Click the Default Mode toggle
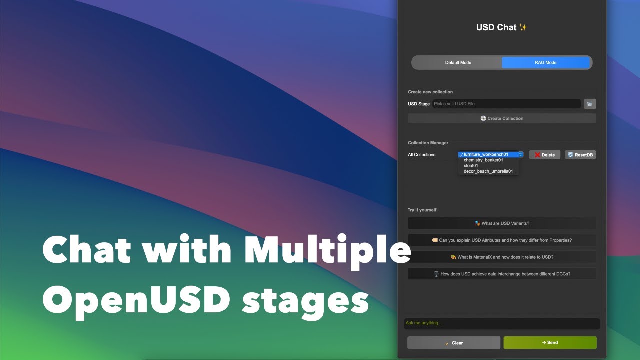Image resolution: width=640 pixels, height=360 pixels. point(457,63)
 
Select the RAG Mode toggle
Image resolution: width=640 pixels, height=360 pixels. point(545,63)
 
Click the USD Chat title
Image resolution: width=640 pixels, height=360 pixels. point(501,27)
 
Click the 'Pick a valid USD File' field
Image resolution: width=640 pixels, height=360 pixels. point(506,104)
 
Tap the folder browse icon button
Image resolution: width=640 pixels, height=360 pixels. point(590,104)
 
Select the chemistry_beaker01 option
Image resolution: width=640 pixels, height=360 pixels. point(483,160)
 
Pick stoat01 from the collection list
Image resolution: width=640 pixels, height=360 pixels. point(471,165)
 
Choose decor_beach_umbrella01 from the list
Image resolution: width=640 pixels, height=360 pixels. point(488,171)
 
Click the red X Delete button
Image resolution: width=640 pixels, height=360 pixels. point(545,155)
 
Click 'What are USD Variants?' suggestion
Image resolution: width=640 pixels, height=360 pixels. point(502,223)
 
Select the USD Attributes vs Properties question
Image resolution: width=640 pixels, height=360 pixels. point(502,240)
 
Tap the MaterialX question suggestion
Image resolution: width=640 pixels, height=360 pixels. point(502,257)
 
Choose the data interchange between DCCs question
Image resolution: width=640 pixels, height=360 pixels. point(502,274)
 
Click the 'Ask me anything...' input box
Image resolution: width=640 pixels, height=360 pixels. point(502,323)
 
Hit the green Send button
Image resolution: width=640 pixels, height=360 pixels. point(550,342)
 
